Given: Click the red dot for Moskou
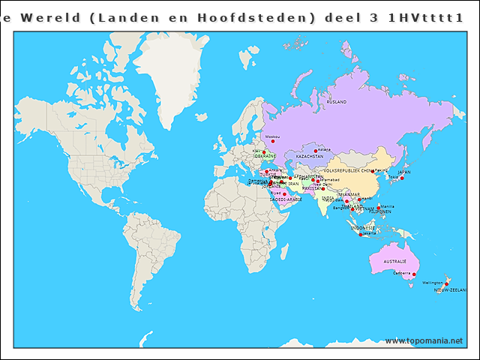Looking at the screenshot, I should (272, 141).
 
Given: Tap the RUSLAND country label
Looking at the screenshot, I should (337, 100).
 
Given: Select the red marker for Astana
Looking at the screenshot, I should (316, 151).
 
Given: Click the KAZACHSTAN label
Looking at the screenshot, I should (310, 157).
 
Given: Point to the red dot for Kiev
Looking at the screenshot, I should (263, 152).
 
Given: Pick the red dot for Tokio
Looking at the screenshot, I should (401, 178).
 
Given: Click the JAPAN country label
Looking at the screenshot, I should (404, 172).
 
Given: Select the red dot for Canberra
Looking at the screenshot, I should (414, 274).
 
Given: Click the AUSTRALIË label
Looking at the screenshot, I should (394, 261).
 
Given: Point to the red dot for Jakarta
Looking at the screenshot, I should (361, 234).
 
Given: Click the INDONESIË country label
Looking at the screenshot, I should (362, 227).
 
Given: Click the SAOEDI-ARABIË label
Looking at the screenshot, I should (286, 200).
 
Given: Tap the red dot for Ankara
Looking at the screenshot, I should (266, 171).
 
